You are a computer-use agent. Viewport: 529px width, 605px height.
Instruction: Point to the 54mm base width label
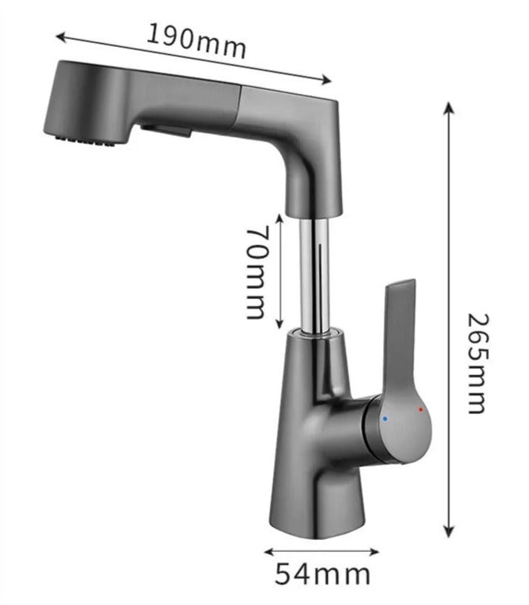click(322, 574)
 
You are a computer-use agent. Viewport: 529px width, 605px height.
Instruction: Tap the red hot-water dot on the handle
click(420, 409)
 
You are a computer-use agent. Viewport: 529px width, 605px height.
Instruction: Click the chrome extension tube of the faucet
click(316, 274)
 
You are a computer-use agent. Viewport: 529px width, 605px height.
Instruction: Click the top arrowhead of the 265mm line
click(449, 107)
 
